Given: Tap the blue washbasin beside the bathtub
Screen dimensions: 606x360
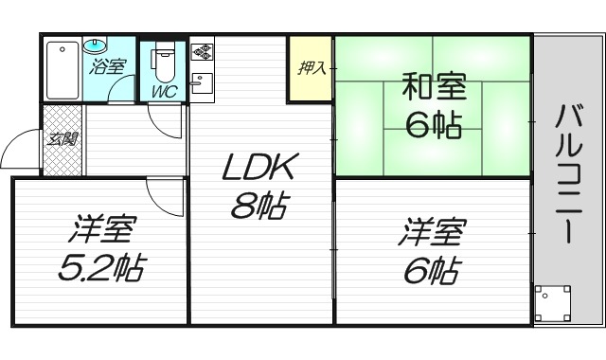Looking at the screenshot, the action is (x=97, y=45).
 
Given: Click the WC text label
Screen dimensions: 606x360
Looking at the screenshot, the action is (x=164, y=93).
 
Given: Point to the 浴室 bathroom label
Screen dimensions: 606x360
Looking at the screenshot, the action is (x=107, y=66).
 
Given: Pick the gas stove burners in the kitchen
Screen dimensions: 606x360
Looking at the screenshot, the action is (x=203, y=49).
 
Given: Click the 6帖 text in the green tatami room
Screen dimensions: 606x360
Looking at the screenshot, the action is (x=434, y=124).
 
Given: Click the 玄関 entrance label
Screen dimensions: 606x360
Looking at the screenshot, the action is (x=62, y=138).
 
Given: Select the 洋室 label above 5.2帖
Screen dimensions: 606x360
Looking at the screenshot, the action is (x=102, y=230).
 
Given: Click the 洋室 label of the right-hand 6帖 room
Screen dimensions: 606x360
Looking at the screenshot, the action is (x=432, y=231).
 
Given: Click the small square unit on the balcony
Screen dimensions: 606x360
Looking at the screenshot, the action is (x=552, y=303).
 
